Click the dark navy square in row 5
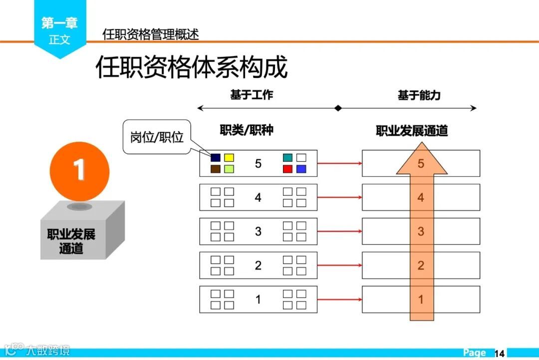click(216, 158)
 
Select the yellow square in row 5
click(229, 158)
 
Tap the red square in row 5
click(287, 169)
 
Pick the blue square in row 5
click(301, 169)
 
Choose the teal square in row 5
click(287, 158)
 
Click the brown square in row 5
click(216, 169)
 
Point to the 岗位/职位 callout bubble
click(157, 137)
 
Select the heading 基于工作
click(252, 95)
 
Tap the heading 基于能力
click(419, 95)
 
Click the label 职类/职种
click(247, 130)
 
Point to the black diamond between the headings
click(338, 108)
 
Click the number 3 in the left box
click(258, 231)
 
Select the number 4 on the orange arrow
click(421, 197)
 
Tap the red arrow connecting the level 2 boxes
click(339, 265)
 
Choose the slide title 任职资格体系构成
click(192, 67)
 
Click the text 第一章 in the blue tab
click(59, 22)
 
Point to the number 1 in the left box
click(258, 299)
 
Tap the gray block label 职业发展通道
click(71, 241)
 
